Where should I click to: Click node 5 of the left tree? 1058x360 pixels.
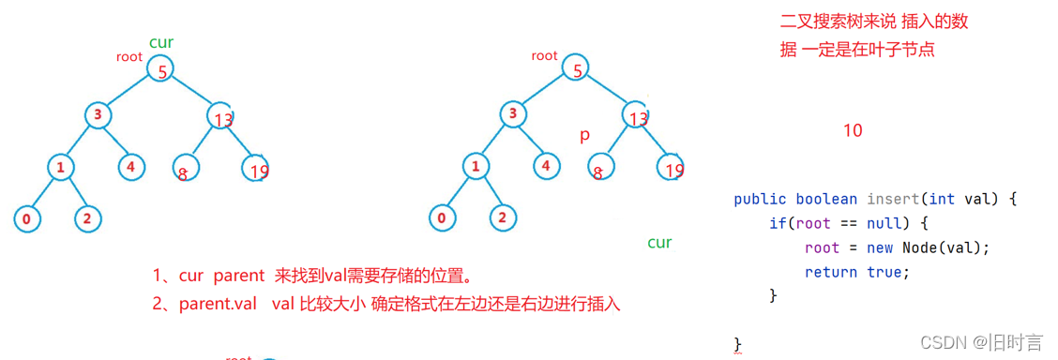click(162, 68)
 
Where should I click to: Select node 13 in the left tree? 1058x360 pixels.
click(220, 116)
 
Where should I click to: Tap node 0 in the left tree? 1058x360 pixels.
click(27, 219)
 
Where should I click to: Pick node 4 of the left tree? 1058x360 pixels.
click(131, 168)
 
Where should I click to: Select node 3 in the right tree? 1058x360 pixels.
click(513, 115)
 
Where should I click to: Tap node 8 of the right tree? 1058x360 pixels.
click(598, 168)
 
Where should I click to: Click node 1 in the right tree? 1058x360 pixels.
click(476, 168)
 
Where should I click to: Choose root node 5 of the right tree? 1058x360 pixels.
click(577, 68)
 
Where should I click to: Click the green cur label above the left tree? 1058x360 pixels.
click(161, 42)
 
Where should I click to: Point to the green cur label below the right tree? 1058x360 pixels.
click(659, 243)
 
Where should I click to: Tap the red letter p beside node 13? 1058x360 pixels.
click(584, 135)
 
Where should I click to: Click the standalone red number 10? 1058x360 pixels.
click(852, 130)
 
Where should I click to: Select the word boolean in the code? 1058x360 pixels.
click(826, 199)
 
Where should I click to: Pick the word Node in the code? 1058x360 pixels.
click(921, 247)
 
